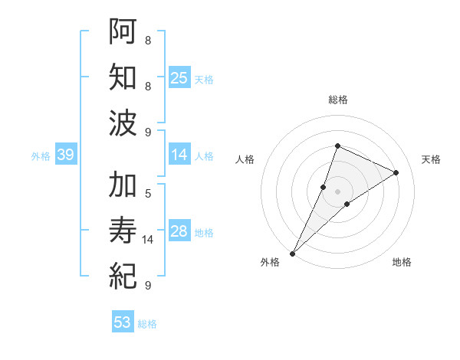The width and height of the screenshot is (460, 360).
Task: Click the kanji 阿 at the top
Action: [124, 31]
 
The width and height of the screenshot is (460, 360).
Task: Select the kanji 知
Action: [124, 77]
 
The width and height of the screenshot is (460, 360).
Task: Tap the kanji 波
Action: [124, 123]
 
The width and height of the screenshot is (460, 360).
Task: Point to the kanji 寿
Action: [124, 231]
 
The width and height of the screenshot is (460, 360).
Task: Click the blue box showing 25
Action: [179, 78]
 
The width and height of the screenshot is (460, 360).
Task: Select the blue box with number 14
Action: [179, 155]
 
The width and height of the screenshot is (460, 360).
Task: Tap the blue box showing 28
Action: [179, 232]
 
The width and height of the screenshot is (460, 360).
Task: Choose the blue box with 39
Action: [65, 155]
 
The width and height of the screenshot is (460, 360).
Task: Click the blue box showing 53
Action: [122, 322]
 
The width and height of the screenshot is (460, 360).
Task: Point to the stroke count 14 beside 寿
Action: [149, 240]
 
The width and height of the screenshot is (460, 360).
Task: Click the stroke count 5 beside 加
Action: [148, 193]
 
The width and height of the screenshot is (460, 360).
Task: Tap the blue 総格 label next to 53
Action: [147, 324]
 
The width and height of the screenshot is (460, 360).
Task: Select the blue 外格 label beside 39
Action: [41, 156]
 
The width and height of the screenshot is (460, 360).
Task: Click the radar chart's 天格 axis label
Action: [431, 159]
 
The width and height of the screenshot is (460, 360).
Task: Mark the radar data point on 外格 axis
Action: [292, 253]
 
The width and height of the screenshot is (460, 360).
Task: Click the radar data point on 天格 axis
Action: [396, 172]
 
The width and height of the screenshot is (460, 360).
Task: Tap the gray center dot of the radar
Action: [338, 191]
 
